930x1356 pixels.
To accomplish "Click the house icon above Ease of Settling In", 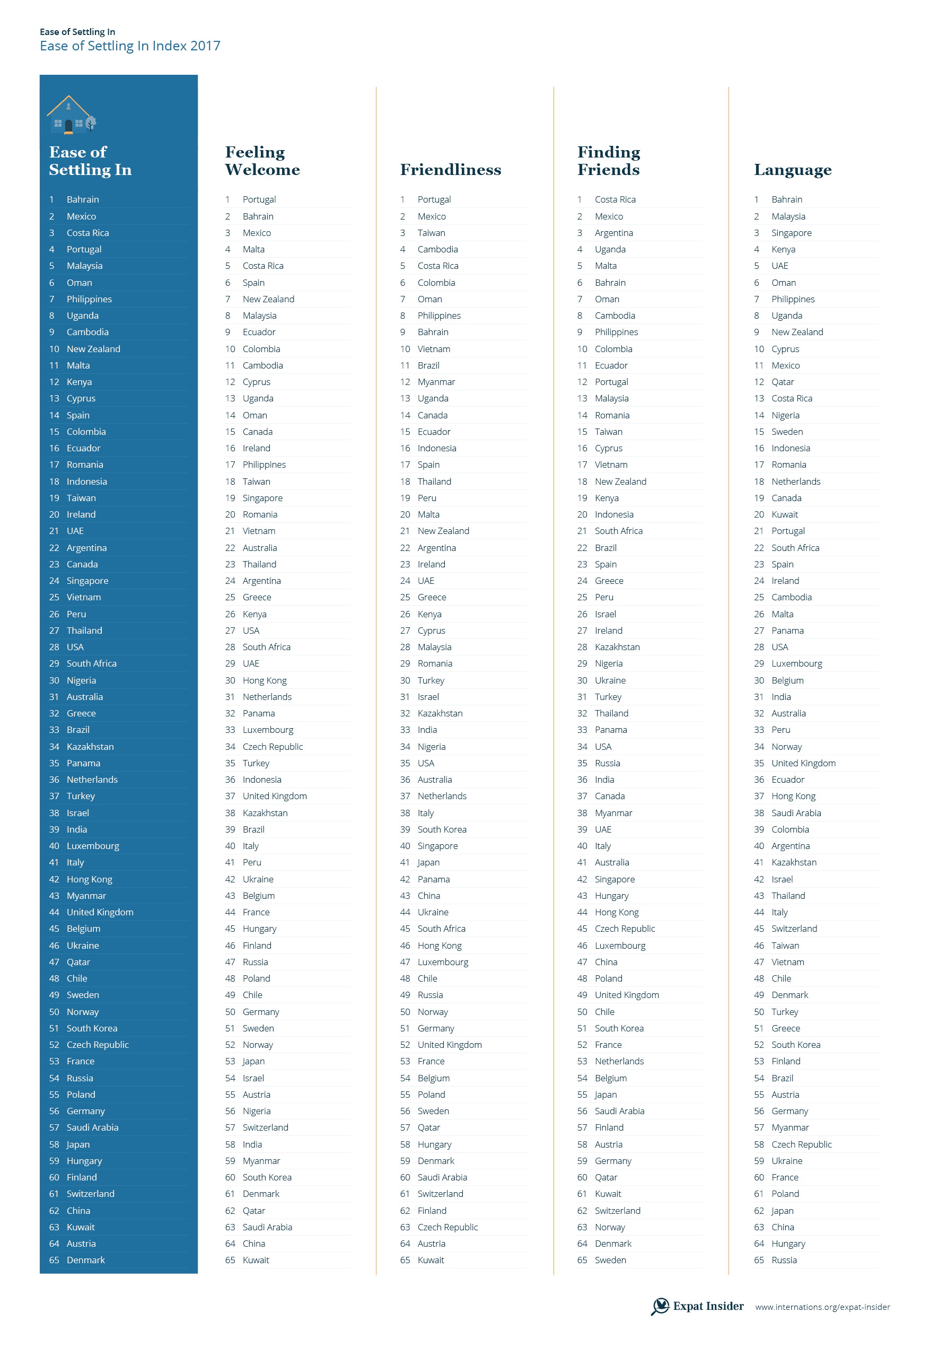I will point(71,115).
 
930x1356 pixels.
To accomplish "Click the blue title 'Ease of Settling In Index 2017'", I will point(129,46).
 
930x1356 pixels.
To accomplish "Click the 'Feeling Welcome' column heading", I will point(262,161).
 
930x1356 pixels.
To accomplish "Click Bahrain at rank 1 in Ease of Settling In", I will point(83,199).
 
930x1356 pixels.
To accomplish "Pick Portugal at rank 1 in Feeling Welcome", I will point(259,199).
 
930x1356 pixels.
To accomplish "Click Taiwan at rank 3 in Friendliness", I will point(431,233).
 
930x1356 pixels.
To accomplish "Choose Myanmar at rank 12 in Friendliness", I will point(436,382).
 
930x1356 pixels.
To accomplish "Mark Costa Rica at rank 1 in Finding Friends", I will point(615,199).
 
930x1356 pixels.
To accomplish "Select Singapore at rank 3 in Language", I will point(791,233).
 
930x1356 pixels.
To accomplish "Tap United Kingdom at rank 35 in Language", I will point(803,763).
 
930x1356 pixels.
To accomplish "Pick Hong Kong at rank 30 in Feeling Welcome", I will point(264,680).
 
